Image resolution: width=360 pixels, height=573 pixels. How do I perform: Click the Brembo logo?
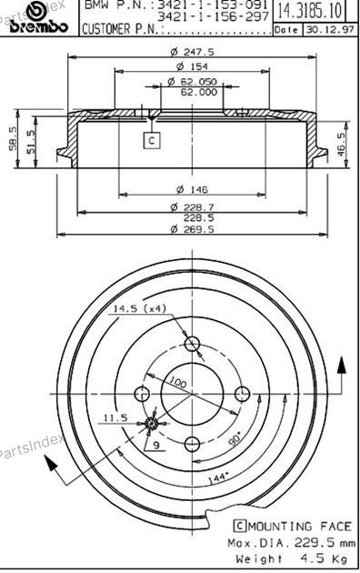tap(38, 17)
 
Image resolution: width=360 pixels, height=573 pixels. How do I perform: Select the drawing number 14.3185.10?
tap(310, 11)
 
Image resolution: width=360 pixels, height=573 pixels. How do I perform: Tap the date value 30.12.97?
tap(330, 30)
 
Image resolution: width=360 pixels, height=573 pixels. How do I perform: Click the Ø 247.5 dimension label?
tap(193, 52)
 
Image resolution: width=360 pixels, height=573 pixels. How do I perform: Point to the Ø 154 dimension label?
tap(192, 66)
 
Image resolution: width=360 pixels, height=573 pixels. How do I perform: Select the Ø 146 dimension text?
tap(192, 190)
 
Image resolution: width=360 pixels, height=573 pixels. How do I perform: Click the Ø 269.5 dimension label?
tap(193, 229)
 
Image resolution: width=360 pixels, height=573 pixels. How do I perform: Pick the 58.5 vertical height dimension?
tap(13, 138)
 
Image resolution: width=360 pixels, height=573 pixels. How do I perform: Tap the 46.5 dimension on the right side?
tap(341, 145)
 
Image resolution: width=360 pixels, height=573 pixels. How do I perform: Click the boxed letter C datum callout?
tap(152, 140)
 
